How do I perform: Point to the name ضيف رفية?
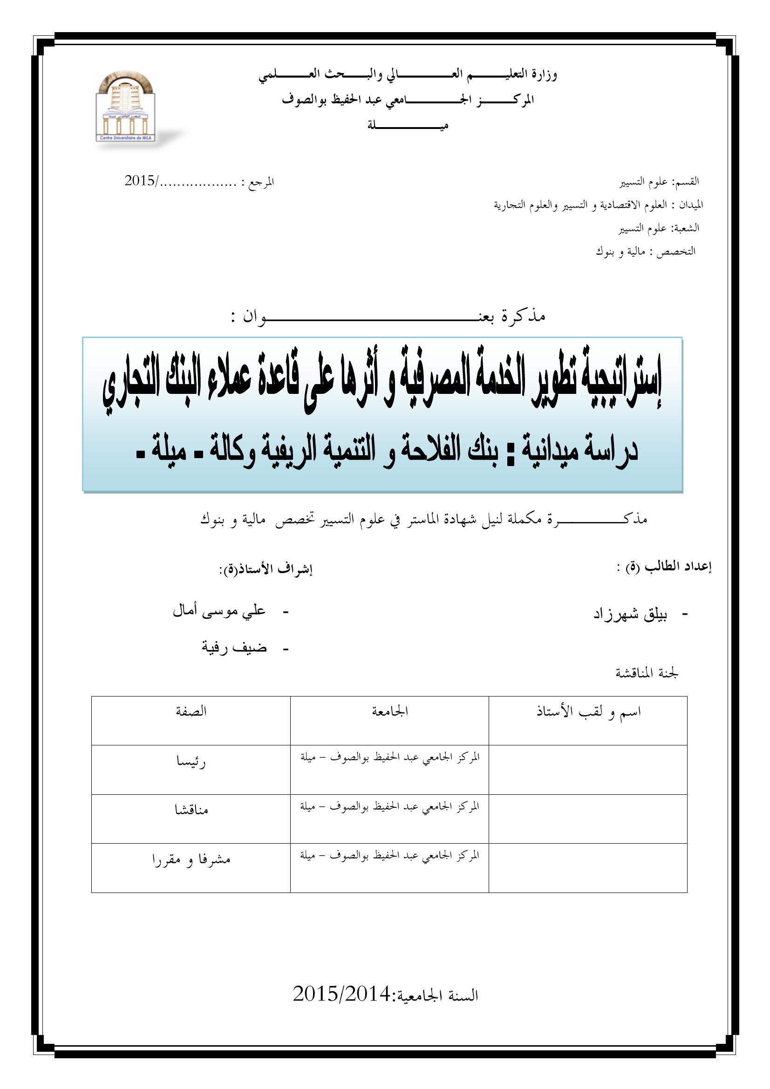click(x=234, y=647)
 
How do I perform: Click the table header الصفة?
click(x=191, y=711)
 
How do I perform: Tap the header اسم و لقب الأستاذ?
click(x=588, y=712)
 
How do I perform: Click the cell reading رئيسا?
click(x=191, y=763)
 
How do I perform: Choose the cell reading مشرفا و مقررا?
click(x=191, y=859)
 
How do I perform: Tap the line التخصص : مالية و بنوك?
click(x=645, y=251)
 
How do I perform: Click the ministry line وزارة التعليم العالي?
click(x=408, y=75)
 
